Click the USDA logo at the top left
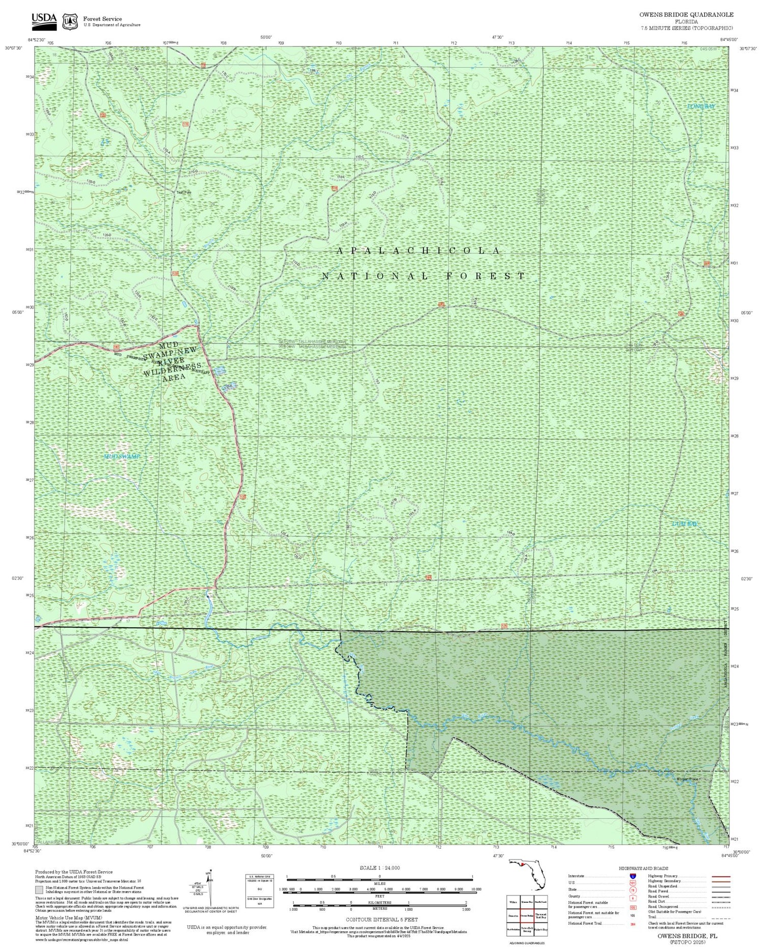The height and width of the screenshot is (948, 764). point(44,19)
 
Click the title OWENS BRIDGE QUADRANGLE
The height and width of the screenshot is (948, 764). point(686,15)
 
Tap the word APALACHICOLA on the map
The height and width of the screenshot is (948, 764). point(419,250)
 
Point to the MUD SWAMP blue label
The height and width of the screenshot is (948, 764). point(122,457)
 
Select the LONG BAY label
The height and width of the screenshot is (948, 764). point(701,106)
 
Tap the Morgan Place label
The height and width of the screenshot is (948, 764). point(688,779)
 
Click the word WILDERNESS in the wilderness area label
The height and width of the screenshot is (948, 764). point(172,368)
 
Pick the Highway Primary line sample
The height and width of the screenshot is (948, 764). point(719,877)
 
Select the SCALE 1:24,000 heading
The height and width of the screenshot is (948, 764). point(379,868)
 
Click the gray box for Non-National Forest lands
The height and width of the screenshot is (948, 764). point(39,889)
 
